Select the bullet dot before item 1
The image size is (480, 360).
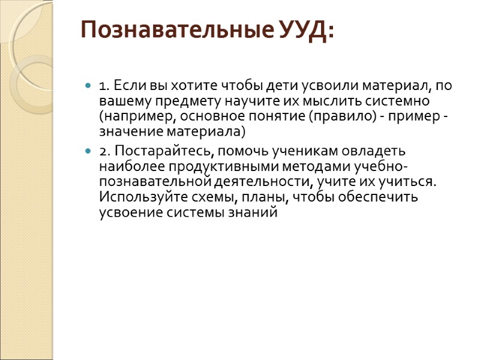(x=89, y=85)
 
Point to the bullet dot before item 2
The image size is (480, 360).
(x=89, y=150)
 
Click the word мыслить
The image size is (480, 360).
(x=314, y=100)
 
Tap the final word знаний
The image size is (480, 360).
(x=256, y=212)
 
